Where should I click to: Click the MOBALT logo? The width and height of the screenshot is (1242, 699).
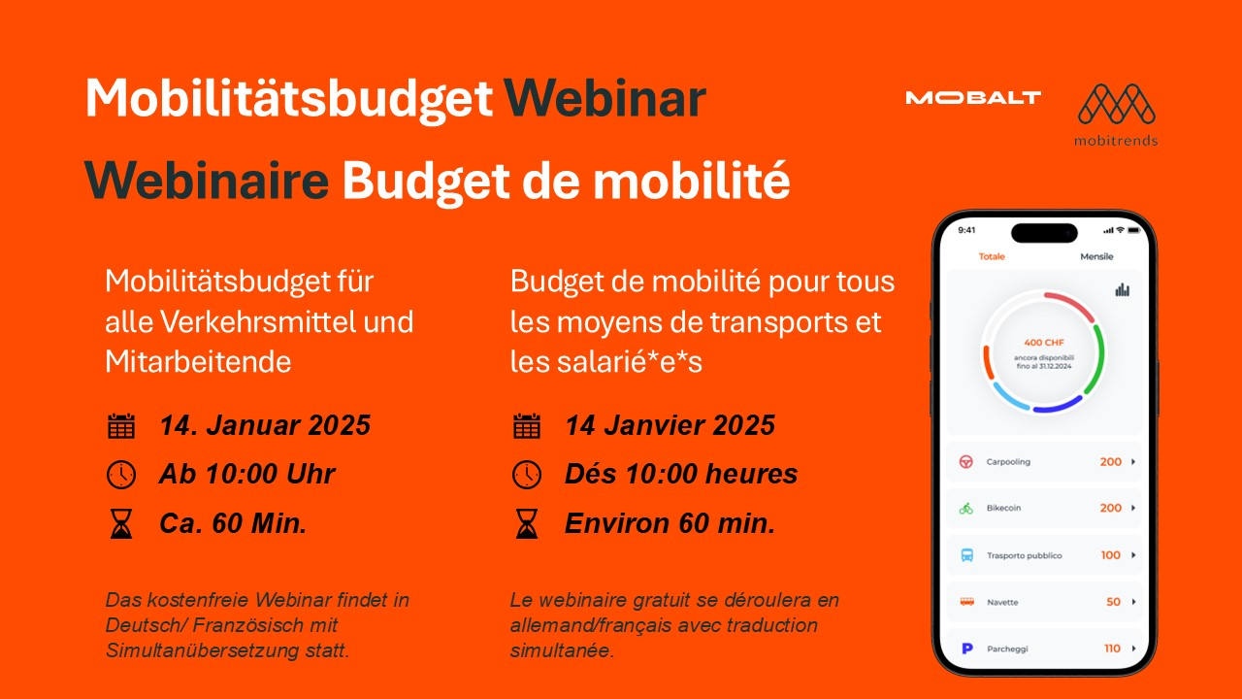tap(973, 98)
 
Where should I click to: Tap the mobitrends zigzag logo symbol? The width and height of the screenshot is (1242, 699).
tap(1117, 104)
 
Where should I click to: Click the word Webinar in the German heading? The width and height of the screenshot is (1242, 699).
tap(605, 99)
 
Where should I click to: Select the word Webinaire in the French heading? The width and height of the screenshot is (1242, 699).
tap(207, 181)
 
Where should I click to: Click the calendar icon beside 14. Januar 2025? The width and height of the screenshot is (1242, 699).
tap(121, 426)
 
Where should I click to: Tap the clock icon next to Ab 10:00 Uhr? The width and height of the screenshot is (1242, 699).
tap(121, 475)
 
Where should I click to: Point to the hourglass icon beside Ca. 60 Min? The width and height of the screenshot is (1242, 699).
tap(121, 523)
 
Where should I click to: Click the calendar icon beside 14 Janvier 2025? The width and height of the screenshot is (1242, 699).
tap(527, 426)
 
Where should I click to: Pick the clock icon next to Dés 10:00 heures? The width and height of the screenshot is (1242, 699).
tap(527, 475)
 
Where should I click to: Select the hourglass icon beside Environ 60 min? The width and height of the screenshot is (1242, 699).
tap(527, 523)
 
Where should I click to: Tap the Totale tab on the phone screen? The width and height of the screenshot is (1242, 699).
tap(992, 256)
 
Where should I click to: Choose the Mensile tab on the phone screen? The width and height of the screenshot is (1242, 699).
tap(1096, 256)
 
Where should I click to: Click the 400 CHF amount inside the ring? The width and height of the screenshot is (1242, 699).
tap(1044, 343)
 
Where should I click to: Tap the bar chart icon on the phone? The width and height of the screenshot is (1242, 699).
tap(1123, 289)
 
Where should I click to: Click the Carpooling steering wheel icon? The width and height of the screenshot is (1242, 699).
tap(965, 461)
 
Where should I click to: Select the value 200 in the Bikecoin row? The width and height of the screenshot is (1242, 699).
tap(1111, 508)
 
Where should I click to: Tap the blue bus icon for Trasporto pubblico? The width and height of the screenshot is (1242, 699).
tap(967, 554)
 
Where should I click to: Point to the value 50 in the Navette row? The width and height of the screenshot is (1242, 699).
tap(1113, 601)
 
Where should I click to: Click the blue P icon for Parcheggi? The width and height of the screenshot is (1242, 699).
tap(967, 648)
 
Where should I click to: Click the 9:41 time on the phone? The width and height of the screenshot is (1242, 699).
tap(966, 230)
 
